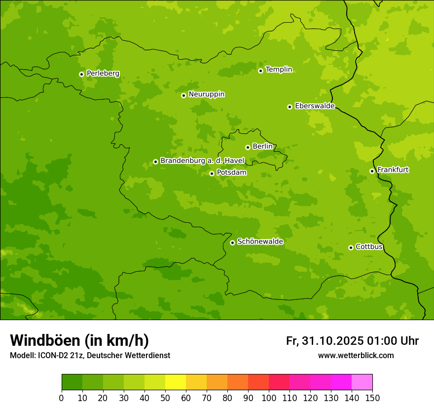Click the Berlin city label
(x=262, y=146)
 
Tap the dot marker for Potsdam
(x=212, y=173)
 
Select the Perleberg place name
(x=103, y=74)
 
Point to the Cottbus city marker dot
(x=351, y=247)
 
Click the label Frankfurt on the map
(x=393, y=170)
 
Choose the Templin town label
(x=279, y=70)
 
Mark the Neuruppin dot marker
(x=183, y=95)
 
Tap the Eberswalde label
(x=315, y=106)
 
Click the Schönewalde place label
(x=260, y=242)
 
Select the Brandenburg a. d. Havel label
(x=202, y=161)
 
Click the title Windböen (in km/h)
(x=79, y=340)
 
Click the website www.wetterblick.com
(x=356, y=355)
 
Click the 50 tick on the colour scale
(x=165, y=398)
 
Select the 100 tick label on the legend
(x=269, y=398)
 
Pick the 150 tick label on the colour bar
(x=372, y=398)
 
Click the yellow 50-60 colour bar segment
(x=176, y=382)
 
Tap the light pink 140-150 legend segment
(x=362, y=382)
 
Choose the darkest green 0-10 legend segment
(x=72, y=382)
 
